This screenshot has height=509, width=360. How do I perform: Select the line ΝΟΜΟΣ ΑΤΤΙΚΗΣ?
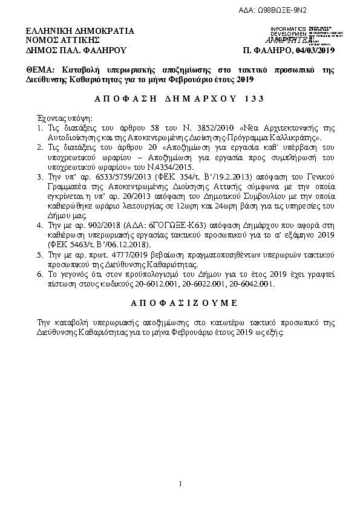pyautogui.click(x=54, y=40)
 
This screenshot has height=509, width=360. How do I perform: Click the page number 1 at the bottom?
pyautogui.click(x=180, y=484)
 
